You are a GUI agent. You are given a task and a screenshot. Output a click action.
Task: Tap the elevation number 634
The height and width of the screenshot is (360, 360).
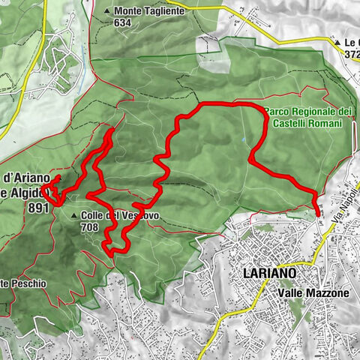pos(124,22)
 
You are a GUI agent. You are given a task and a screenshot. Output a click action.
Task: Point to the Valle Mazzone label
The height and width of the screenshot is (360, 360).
pos(313,293)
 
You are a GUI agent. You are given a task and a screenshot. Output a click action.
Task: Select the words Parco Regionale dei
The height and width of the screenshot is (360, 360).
pos(307,111)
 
